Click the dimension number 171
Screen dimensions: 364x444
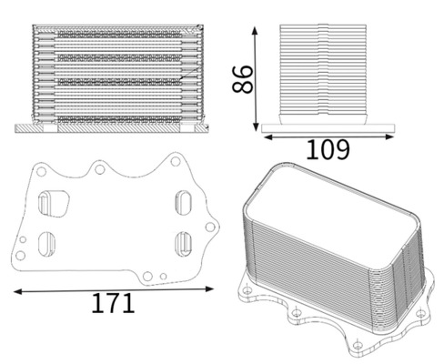(113, 304)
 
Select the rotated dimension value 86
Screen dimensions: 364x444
(242, 78)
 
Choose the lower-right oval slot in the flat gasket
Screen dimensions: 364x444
(183, 243)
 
